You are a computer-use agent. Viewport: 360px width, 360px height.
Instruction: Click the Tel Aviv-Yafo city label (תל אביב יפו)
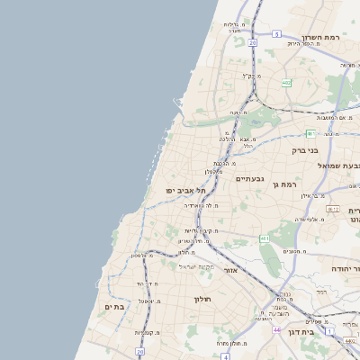point(185,191)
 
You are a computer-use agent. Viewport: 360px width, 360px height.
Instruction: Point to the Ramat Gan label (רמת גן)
point(288,184)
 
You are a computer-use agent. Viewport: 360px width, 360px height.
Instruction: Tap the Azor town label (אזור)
point(229,270)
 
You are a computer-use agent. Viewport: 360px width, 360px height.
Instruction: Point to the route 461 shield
point(264,238)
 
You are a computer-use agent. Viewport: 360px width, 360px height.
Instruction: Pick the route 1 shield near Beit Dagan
point(329,331)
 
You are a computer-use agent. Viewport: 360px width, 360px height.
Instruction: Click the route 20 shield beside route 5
point(253,42)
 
